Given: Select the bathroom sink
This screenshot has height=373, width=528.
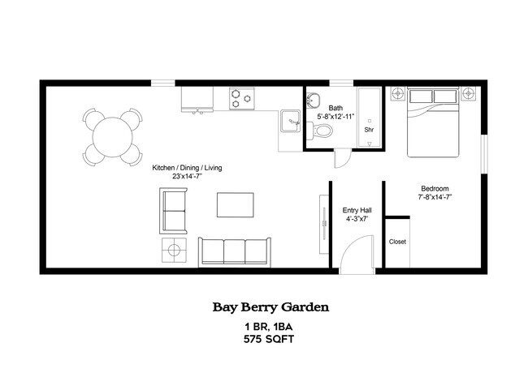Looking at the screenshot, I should (314, 101).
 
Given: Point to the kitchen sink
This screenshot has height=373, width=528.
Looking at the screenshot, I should (290, 122).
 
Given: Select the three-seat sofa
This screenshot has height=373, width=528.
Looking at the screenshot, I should (235, 251).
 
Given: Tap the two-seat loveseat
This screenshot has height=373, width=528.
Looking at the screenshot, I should (175, 209).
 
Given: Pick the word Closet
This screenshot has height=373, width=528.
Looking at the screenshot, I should (397, 242).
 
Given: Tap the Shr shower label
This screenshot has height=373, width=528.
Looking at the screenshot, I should (369, 130).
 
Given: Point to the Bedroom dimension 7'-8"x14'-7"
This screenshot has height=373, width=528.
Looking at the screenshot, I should (434, 197).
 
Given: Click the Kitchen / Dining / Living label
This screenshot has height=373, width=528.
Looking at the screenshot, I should (187, 168).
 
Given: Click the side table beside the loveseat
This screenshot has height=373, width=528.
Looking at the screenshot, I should (175, 250).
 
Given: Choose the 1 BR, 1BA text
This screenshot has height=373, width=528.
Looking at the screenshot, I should (269, 326).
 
